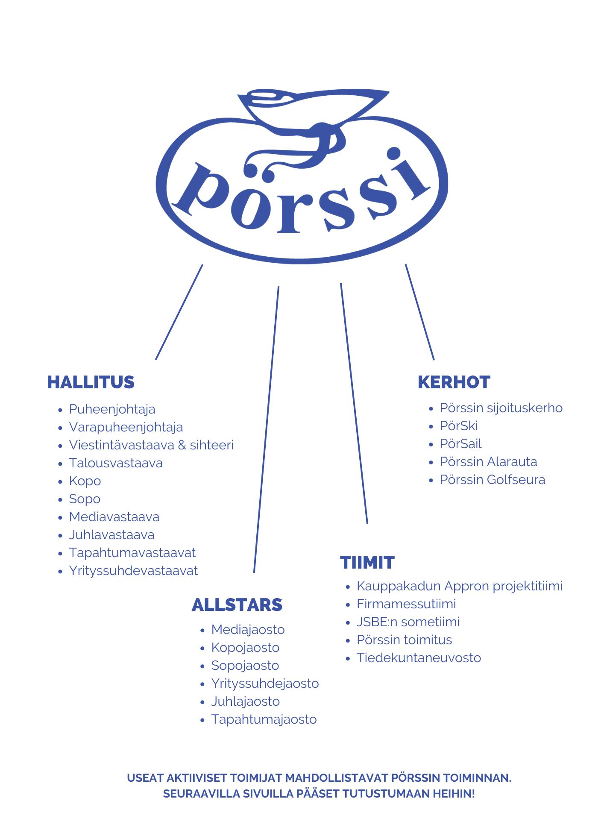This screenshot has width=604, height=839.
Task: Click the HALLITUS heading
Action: [x=91, y=382]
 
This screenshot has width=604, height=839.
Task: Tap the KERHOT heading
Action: [x=454, y=382]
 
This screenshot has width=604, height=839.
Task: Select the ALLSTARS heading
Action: [x=237, y=605]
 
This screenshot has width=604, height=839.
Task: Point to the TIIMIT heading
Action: [x=367, y=563]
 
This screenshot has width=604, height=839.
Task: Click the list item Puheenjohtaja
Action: [x=112, y=409]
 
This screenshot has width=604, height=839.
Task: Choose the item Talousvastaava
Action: [x=116, y=463]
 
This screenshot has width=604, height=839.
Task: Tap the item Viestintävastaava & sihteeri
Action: [x=151, y=445]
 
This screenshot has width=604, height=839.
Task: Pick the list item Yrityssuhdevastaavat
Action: [x=133, y=571]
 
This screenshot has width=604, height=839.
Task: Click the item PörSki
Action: [x=459, y=426]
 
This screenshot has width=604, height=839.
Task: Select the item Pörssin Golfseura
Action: [x=493, y=480]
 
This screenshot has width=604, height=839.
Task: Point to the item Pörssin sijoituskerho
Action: [x=501, y=408]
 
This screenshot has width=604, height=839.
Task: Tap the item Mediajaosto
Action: [x=248, y=630]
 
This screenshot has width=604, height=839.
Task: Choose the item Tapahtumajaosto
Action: [x=264, y=719]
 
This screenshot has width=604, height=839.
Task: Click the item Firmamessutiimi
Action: [x=406, y=604]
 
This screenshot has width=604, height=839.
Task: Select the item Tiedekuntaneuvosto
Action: [x=419, y=658]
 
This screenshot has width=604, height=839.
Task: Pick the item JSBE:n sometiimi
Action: [x=408, y=622]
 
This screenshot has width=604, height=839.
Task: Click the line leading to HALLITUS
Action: [x=179, y=312]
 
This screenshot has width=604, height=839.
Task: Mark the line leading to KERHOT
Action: [x=419, y=312]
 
